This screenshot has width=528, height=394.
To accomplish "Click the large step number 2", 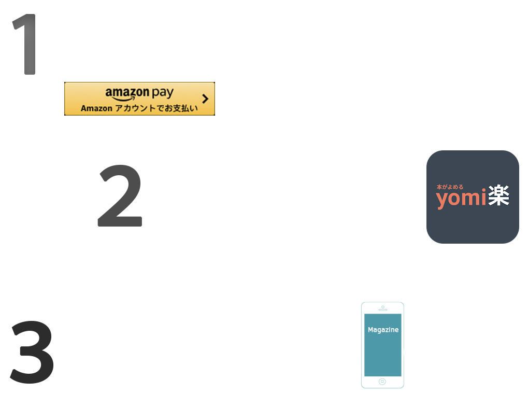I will [120, 196].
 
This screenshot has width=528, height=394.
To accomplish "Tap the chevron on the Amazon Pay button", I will [205, 98].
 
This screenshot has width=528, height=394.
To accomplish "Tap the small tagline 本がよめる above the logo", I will [449, 186].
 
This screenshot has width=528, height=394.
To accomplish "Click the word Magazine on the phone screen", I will [383, 330].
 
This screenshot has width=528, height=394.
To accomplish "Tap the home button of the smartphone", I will [382, 382].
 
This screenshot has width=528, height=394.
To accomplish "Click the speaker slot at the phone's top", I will [383, 307].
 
